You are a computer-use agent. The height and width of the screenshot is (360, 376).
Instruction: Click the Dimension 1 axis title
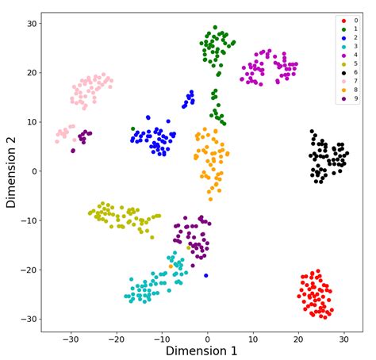pos(202,350)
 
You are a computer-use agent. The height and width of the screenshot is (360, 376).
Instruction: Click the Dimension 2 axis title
pos(12,171)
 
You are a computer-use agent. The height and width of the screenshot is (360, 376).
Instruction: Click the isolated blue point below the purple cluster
pos(206,276)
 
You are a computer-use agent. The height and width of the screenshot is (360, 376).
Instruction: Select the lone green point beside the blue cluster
pos(133,128)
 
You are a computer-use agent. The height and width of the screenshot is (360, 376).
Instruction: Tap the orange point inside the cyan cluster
pos(171,266)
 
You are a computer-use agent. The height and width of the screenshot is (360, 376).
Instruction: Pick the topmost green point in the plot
pos(215,28)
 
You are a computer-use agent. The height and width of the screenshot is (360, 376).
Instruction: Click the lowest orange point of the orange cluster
pos(210,199)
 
